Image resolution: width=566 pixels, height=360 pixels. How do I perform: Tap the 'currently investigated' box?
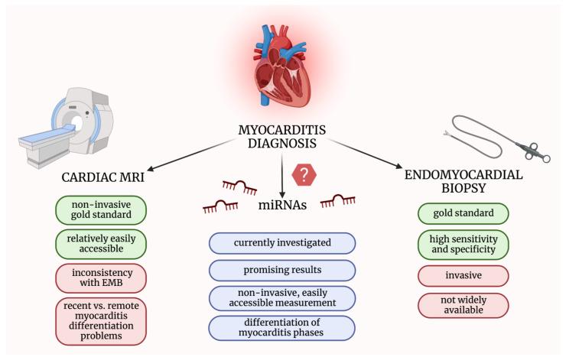283,243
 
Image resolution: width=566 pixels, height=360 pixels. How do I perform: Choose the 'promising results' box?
283,270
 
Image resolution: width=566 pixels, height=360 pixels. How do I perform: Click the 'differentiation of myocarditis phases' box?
283,328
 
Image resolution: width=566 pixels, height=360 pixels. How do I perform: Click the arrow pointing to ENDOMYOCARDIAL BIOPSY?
366,153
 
